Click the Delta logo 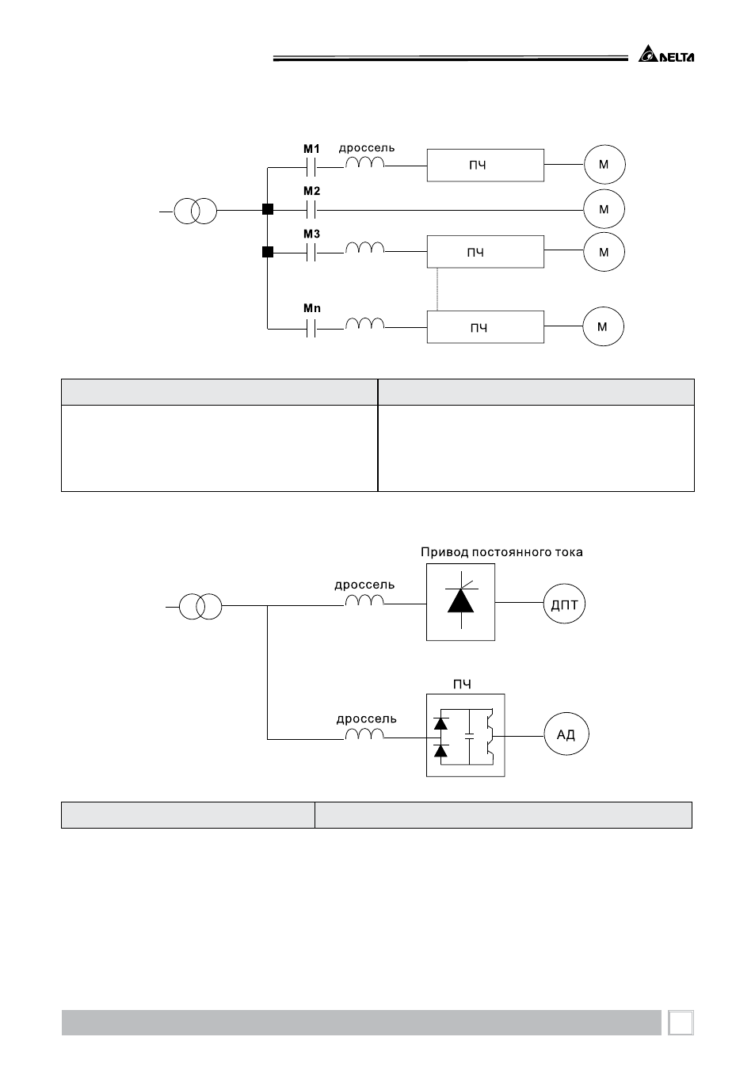point(666,54)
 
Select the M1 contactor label point(311,149)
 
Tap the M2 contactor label point(311,191)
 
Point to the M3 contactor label point(311,234)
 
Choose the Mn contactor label point(312,308)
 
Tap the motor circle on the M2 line point(604,209)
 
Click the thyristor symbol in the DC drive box point(461,600)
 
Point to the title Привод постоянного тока point(501,553)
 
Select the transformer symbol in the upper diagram point(195,211)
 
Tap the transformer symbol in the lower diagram point(200,606)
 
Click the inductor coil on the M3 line point(365,248)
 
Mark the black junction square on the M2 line point(268,209)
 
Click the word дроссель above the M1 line point(367,148)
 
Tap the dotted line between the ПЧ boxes point(437,289)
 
